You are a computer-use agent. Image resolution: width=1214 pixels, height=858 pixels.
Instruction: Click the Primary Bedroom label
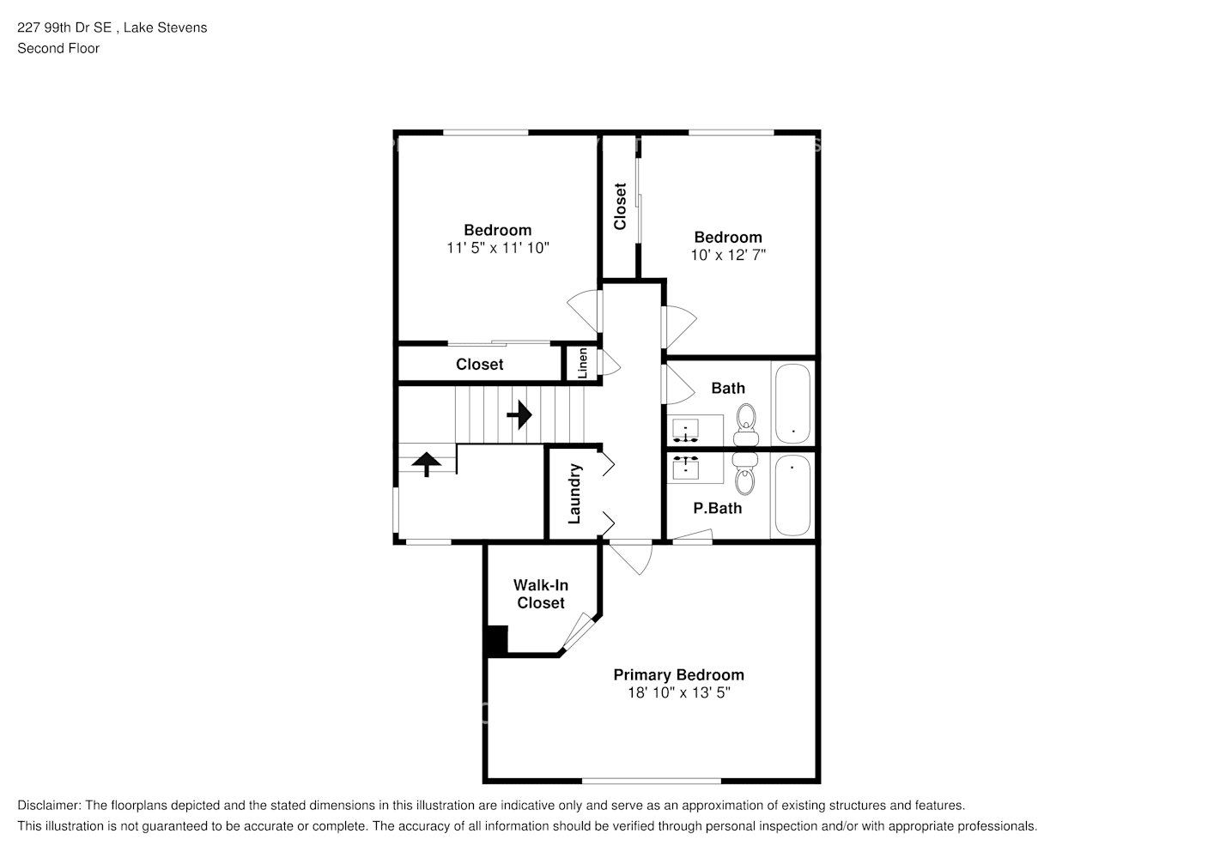[x=678, y=674]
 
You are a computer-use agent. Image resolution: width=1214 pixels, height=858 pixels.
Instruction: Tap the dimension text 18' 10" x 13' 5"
[x=678, y=693]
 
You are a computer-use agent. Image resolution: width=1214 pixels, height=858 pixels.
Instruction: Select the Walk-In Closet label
[x=541, y=594]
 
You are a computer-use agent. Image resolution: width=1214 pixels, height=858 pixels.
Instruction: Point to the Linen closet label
[x=583, y=363]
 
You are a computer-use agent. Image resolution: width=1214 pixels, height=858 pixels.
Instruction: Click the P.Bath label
[x=717, y=508]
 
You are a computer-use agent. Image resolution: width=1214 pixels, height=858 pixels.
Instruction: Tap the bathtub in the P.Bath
[x=792, y=495]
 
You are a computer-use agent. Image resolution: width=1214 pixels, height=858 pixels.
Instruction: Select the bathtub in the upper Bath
[x=792, y=403]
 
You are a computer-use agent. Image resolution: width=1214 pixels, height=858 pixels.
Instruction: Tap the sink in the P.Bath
[x=685, y=468]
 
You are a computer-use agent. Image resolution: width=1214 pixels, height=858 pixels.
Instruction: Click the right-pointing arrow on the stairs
[x=519, y=416]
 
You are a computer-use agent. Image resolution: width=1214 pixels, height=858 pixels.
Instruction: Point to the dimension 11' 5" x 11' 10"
[x=497, y=248]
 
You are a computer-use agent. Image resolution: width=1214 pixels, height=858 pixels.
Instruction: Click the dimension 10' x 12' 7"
[x=727, y=255]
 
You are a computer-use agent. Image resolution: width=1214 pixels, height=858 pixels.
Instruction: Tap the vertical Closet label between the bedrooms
[x=620, y=207]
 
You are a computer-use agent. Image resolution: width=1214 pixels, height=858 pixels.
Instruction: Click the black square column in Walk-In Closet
[x=496, y=640]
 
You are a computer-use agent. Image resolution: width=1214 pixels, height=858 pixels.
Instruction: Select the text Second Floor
[x=58, y=48]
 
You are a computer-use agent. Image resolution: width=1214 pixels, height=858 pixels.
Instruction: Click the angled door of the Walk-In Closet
[x=574, y=632]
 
